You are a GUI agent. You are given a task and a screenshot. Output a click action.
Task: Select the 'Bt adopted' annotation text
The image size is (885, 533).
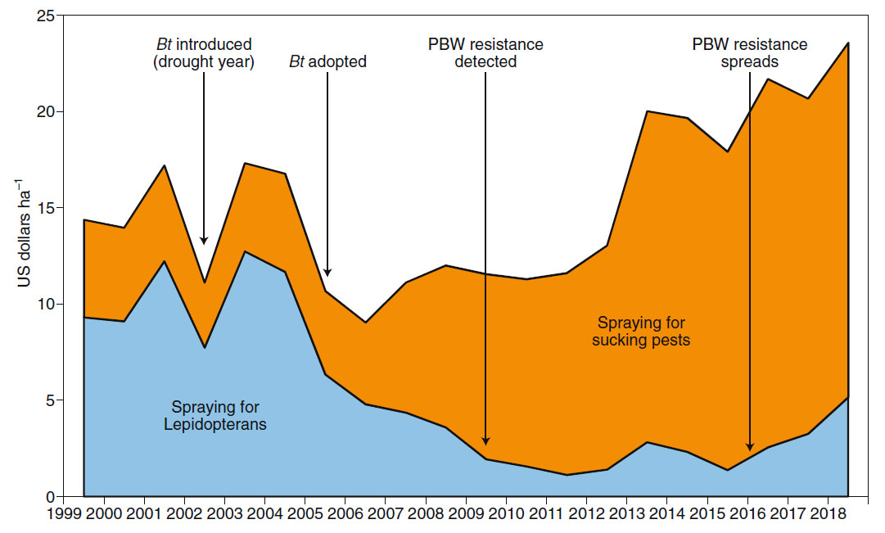(x=327, y=61)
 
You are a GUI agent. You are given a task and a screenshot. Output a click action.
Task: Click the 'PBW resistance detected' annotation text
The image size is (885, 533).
(x=485, y=53)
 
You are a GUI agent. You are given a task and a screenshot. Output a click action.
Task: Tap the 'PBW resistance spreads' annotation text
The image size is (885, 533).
(x=750, y=53)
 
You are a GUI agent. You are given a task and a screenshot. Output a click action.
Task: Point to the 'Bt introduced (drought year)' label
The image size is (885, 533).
(x=204, y=53)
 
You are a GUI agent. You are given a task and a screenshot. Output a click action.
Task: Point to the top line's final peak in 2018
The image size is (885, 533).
(x=847, y=43)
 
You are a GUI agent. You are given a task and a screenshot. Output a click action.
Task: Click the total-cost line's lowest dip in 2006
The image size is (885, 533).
(x=364, y=322)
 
